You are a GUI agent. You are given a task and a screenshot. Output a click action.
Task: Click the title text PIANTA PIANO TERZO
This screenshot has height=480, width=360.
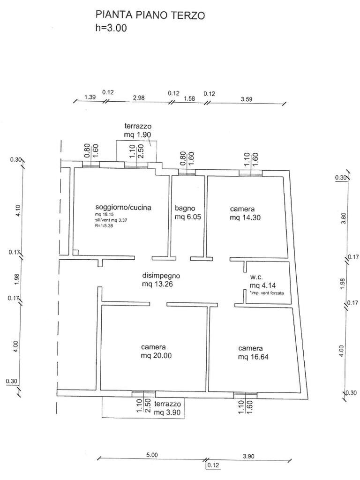[x=150, y=15]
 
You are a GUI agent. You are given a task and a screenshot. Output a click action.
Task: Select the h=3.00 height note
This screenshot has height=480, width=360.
[x=111, y=28]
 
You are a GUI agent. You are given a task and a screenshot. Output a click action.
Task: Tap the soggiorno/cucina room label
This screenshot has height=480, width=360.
[x=123, y=207]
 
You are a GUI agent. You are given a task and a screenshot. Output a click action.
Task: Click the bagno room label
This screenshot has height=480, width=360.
[x=185, y=208]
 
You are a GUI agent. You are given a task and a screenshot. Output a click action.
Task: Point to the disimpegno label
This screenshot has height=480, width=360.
[x=161, y=276]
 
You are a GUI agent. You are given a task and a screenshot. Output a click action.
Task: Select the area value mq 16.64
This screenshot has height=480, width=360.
[x=254, y=357]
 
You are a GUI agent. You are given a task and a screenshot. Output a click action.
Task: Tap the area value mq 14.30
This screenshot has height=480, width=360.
[x=245, y=217]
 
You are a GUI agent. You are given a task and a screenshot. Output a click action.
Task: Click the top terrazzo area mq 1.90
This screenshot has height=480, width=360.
[x=137, y=135]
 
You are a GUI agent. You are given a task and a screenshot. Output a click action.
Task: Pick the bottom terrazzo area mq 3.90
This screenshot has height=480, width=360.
[x=167, y=412]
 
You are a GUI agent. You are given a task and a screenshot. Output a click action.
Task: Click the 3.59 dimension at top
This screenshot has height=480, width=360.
[x=247, y=99]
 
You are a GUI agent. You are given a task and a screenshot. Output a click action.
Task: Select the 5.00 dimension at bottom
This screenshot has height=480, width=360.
[x=152, y=455]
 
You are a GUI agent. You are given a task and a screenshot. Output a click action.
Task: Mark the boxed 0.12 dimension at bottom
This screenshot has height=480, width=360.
[x=213, y=465]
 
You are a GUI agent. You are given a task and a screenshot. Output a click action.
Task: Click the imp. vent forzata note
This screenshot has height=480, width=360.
[x=267, y=293]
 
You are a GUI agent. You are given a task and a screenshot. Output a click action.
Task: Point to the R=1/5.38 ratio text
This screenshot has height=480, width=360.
[x=105, y=226]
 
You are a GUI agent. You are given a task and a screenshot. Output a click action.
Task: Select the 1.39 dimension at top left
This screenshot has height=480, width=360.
[x=90, y=97]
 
